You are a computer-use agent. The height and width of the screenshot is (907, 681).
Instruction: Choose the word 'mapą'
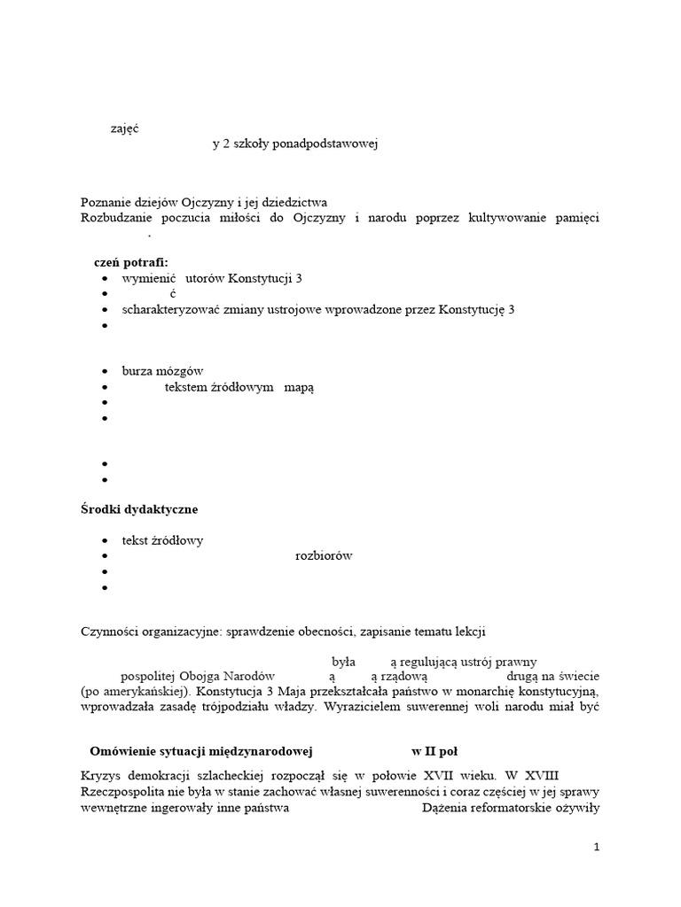tap(299, 387)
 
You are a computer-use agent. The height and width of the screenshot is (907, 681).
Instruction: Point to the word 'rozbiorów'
tap(324, 556)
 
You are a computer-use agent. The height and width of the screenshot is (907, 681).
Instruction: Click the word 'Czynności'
tap(111, 632)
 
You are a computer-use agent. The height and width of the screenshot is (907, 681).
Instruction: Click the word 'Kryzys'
tap(99, 777)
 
